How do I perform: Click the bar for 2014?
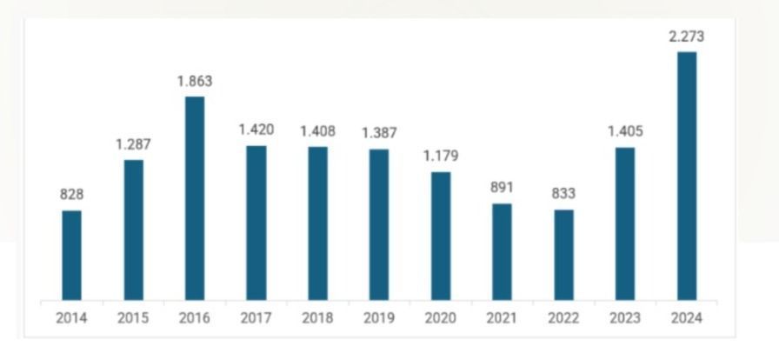pyautogui.click(x=71, y=256)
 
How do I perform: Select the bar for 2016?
pyautogui.click(x=195, y=198)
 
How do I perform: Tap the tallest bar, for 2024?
pyautogui.click(x=687, y=176)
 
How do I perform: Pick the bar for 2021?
pyautogui.click(x=502, y=252)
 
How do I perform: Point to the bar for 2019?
pyautogui.click(x=379, y=224)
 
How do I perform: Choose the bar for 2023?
pyautogui.click(x=625, y=223)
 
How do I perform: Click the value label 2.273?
pyautogui.click(x=687, y=37)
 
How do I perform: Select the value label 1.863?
pyautogui.click(x=195, y=81)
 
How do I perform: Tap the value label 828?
pyautogui.click(x=71, y=195)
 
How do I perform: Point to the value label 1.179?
pyautogui.click(x=441, y=157)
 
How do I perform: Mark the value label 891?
pyautogui.click(x=502, y=188)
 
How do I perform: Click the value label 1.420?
pyautogui.click(x=256, y=130)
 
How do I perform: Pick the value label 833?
pyautogui.click(x=563, y=194)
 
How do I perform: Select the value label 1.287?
pyautogui.click(x=133, y=144)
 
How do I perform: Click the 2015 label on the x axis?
pyautogui.click(x=133, y=318)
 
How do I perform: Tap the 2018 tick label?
pyautogui.click(x=317, y=318)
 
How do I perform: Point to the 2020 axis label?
pyautogui.click(x=441, y=318)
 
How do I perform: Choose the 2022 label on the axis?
pyautogui.click(x=563, y=318)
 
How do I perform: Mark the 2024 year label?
pyautogui.click(x=687, y=318)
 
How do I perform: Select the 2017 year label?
pyautogui.click(x=256, y=318)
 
